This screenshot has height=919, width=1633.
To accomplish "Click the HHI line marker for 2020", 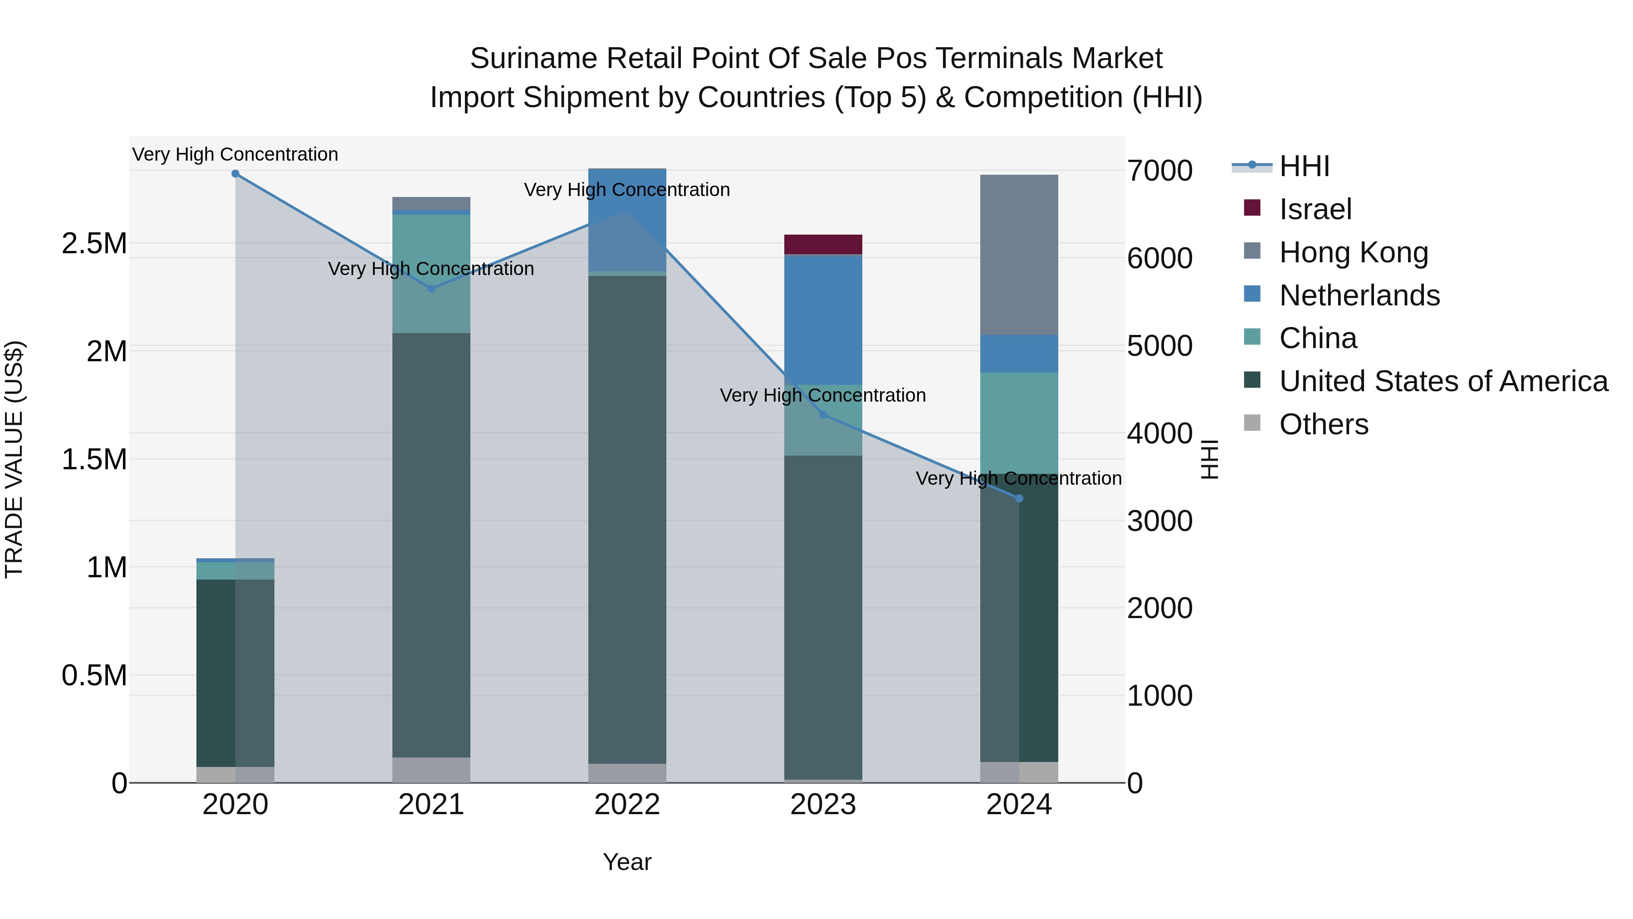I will point(235,173).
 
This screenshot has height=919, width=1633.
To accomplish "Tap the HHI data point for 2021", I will point(431,289).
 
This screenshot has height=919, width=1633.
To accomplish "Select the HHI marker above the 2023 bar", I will point(823,415).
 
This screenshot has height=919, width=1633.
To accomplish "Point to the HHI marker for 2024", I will point(1019,498).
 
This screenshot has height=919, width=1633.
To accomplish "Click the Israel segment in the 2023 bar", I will point(823,244).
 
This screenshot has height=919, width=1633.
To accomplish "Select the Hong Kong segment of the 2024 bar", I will point(1019,254).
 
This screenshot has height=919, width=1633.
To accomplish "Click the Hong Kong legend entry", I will point(1354,252).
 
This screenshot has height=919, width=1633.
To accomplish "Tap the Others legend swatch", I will point(1252,423).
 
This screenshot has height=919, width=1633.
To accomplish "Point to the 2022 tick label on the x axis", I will point(627,805).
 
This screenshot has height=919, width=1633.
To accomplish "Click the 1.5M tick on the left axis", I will point(94,459).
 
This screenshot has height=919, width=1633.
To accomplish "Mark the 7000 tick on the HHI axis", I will point(1159,171).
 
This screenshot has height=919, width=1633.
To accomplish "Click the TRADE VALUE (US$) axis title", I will point(14,459).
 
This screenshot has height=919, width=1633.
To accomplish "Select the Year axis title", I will point(627,862).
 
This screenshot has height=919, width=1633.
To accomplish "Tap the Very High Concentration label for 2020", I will point(235,154).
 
